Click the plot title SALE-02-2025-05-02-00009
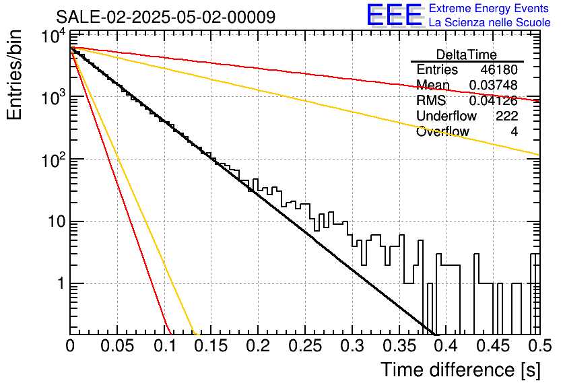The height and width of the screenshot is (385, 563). click(166, 17)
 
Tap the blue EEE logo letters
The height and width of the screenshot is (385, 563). click(395, 15)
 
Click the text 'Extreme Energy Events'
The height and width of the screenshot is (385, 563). click(489, 8)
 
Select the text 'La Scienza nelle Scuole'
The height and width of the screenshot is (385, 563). click(490, 22)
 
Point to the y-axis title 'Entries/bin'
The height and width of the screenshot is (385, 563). click(15, 75)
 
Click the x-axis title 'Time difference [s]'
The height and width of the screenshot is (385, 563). click(461, 370)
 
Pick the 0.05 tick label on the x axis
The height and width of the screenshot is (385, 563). click(117, 346)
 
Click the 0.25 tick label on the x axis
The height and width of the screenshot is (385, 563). click(305, 346)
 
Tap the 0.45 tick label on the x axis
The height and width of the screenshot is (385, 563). click(494, 346)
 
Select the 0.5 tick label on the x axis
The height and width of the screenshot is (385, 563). click(539, 346)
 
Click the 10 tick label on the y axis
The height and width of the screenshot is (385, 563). click(57, 221)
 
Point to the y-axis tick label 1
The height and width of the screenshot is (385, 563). click(61, 283)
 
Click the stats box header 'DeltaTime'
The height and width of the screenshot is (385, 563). click(467, 55)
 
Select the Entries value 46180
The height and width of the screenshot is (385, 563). click(499, 69)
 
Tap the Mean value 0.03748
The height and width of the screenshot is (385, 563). click(494, 85)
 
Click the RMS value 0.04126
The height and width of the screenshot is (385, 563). click(494, 100)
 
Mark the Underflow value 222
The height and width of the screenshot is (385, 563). click(506, 116)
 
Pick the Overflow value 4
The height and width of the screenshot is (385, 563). click(514, 132)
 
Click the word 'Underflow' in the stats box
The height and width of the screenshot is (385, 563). click(446, 116)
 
